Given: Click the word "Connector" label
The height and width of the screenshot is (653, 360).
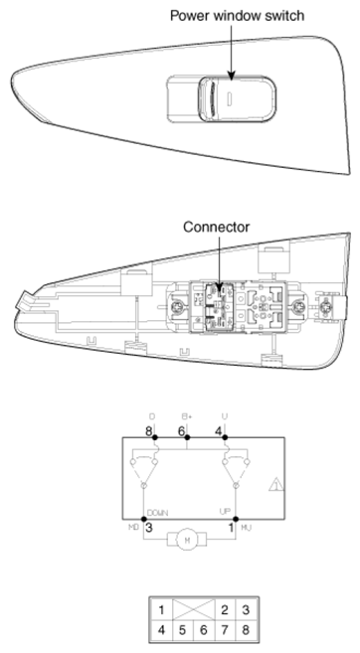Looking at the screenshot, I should (216, 227).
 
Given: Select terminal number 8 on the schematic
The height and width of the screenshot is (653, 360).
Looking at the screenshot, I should (148, 430).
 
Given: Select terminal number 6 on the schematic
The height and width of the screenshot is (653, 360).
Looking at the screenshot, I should (182, 430).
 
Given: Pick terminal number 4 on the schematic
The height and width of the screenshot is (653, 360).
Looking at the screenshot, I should (219, 430).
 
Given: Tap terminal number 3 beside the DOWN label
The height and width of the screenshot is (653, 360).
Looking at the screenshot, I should (148, 527).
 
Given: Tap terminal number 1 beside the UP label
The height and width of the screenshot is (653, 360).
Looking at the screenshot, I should (231, 527).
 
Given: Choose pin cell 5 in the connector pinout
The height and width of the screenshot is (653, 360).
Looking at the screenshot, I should (182, 629).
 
